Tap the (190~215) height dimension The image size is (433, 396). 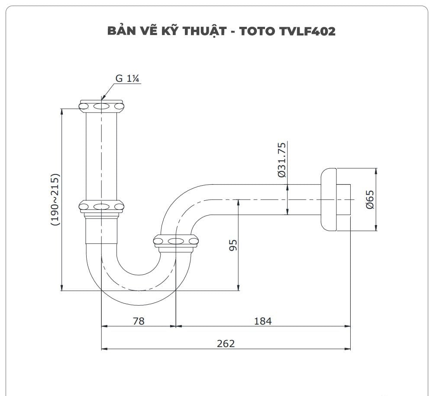55,200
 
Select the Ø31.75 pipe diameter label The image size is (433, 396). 281,160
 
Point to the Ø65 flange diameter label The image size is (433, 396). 369,200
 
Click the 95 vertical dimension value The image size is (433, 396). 233,245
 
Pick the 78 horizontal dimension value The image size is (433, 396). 139,321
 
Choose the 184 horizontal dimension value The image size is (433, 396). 263,321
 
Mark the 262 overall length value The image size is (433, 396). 226,343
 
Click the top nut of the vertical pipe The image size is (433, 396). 102,106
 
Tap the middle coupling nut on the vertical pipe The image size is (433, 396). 102,206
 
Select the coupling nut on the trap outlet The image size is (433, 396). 176,241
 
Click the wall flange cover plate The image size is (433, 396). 329,200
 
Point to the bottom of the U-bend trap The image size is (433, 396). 139,286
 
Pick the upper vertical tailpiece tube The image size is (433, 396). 102,156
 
